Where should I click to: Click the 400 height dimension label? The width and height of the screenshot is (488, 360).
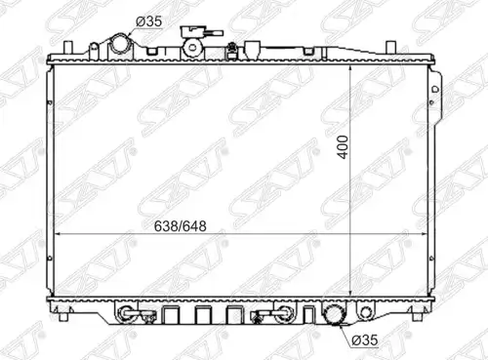[x=343, y=147]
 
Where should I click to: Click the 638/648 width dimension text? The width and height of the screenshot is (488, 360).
[x=180, y=226]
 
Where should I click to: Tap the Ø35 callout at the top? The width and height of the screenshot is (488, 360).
[x=148, y=21]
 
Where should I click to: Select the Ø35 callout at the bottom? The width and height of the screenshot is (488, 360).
[x=365, y=340]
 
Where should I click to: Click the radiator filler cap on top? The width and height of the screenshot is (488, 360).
[x=193, y=47]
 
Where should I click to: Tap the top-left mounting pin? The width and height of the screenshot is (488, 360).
[x=67, y=48]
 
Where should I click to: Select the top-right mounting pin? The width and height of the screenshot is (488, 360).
[x=390, y=48]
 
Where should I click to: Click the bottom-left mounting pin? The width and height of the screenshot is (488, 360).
[x=64, y=316]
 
